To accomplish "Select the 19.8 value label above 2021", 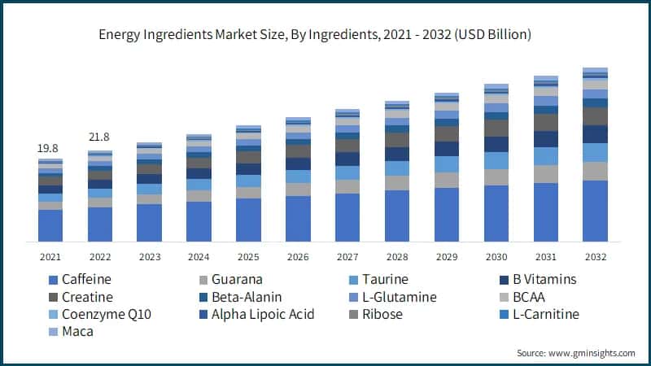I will (49, 149).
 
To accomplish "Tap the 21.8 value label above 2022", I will (99, 137).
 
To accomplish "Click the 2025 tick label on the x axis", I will (248, 257).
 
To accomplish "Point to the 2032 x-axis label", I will (596, 257).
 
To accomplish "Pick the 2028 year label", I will (397, 257).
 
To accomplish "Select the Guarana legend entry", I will (237, 280).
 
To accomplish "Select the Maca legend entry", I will (73, 331).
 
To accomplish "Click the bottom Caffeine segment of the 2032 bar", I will (596, 211).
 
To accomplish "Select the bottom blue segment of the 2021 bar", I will (50, 225).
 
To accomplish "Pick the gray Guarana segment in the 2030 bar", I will (496, 176).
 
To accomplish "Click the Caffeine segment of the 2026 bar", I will (298, 219).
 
